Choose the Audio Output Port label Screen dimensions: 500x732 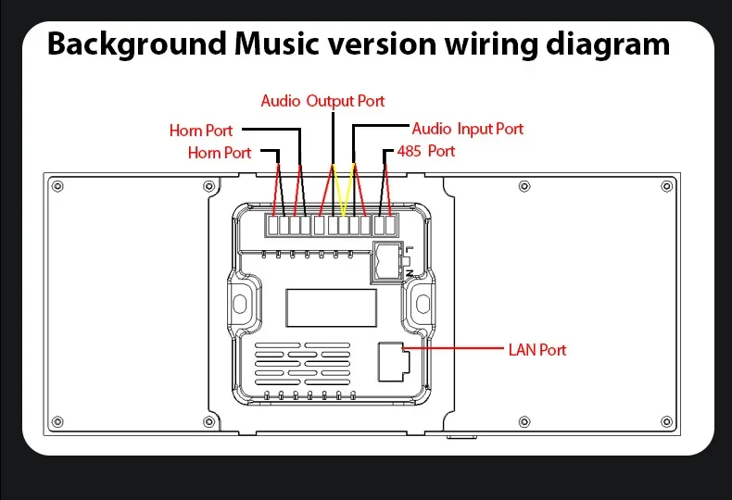click(322, 101)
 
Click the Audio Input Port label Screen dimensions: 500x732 click(468, 129)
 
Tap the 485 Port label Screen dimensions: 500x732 click(426, 151)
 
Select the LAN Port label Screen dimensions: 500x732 click(537, 350)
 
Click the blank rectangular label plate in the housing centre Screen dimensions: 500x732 click(330, 306)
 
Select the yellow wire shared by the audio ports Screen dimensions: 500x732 click(343, 190)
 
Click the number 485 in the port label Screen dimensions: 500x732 click(410, 151)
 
